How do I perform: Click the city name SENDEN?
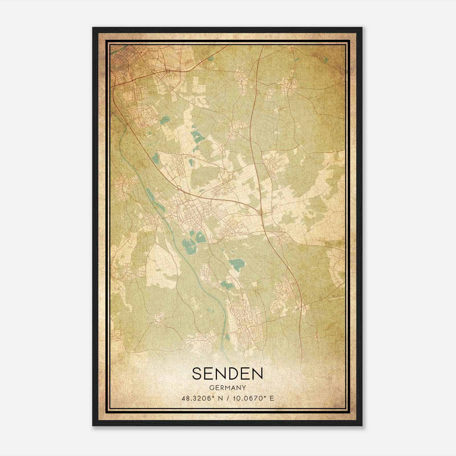tap(227, 373)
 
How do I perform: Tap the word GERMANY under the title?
tap(227, 388)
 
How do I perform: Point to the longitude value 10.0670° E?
tap(253, 398)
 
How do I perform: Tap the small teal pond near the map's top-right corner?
tap(326, 60)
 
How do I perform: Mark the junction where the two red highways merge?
tap(261, 212)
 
